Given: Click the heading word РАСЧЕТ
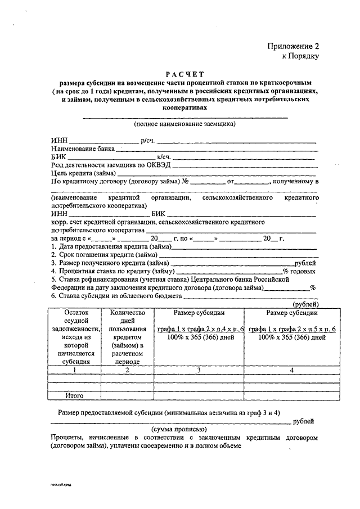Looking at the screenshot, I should (x=185, y=74).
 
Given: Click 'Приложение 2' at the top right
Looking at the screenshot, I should (x=293, y=47).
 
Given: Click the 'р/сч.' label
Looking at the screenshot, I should (x=148, y=140).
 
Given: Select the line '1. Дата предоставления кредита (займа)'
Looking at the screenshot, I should (x=111, y=246).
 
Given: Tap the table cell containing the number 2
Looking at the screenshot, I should (x=128, y=370).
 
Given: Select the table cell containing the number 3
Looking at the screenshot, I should (x=199, y=370).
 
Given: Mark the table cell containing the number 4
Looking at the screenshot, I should (x=292, y=370).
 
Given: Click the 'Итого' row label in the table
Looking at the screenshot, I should (x=74, y=396).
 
